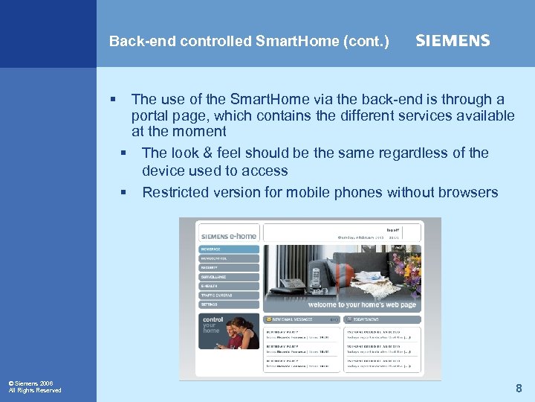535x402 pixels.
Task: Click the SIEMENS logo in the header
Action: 453,41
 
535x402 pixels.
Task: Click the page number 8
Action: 519,388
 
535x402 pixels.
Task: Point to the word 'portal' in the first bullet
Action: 151,115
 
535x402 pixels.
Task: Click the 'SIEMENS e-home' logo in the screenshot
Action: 228,236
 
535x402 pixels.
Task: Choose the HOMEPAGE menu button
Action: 229,249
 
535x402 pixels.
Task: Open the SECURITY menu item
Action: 229,267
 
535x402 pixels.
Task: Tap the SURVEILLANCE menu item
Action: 229,277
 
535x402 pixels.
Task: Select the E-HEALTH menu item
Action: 229,286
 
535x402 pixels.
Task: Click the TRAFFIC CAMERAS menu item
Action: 229,296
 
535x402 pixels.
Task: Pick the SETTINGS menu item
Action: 229,304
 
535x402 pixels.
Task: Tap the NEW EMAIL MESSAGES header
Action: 296,319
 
